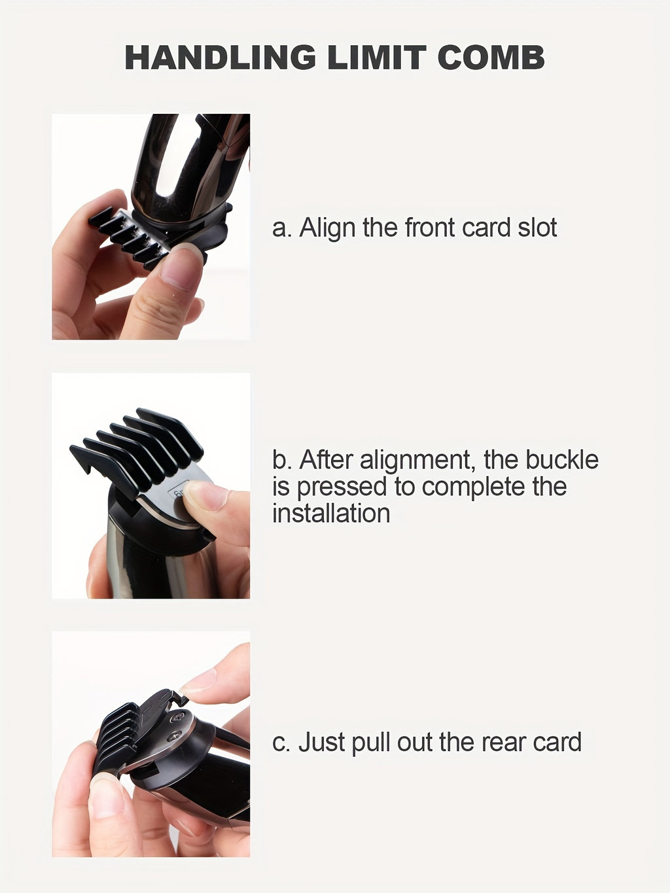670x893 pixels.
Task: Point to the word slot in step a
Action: point(538,228)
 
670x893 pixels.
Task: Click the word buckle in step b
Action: point(562,460)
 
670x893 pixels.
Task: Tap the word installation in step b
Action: point(331,514)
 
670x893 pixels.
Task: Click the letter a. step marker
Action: point(281,228)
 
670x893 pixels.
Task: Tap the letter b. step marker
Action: point(281,460)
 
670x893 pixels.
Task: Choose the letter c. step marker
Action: point(281,743)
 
